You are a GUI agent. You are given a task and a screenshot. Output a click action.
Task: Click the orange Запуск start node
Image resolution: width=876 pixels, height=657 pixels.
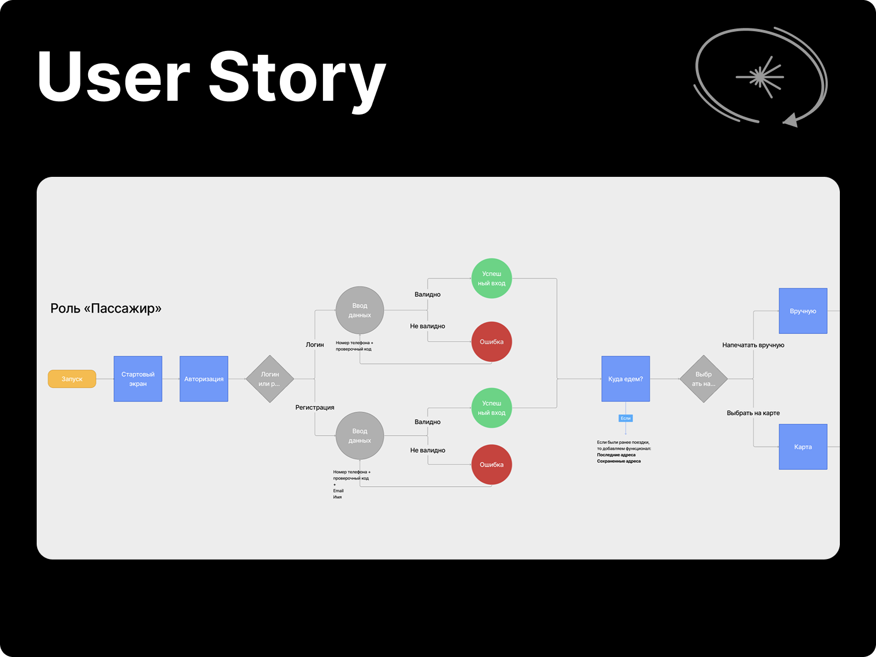click(x=72, y=379)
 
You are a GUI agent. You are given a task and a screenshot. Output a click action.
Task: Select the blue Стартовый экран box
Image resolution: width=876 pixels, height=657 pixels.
click(x=138, y=379)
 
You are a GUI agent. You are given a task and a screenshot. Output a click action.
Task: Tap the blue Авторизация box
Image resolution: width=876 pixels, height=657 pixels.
click(x=204, y=379)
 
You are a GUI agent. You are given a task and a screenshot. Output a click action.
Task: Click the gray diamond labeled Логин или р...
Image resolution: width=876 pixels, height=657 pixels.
click(x=270, y=379)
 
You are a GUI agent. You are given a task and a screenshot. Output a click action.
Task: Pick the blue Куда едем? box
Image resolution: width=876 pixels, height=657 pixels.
click(x=626, y=379)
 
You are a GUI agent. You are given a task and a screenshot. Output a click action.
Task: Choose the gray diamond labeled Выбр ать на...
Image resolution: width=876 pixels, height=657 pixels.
click(x=704, y=379)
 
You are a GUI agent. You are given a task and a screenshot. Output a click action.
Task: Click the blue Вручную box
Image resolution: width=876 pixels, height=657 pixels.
click(x=803, y=311)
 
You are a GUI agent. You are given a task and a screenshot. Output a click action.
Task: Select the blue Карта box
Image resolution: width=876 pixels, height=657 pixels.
click(x=803, y=447)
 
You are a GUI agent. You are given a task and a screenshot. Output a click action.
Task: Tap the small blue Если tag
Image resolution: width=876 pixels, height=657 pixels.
click(x=626, y=418)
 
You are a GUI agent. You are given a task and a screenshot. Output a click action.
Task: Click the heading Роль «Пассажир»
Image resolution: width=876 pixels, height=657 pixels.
click(x=106, y=308)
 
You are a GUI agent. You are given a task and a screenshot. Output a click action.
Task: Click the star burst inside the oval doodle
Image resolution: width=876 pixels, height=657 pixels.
click(x=760, y=77)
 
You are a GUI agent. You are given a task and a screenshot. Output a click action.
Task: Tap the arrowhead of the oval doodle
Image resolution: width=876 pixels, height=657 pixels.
click(x=790, y=120)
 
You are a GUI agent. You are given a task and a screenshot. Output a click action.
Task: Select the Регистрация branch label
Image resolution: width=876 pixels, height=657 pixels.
click(x=315, y=407)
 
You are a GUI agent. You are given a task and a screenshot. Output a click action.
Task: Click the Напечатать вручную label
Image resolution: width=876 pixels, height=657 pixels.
click(x=753, y=345)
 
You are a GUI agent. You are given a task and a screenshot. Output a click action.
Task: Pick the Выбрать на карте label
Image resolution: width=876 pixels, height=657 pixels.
click(x=753, y=413)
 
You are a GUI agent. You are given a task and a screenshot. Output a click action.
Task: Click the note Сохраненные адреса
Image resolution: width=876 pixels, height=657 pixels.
click(x=619, y=461)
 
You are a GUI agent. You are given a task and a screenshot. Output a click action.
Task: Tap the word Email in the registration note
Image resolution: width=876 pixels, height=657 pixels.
click(x=338, y=491)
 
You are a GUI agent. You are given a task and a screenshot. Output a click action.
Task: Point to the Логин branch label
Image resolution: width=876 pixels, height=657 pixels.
click(x=315, y=344)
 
